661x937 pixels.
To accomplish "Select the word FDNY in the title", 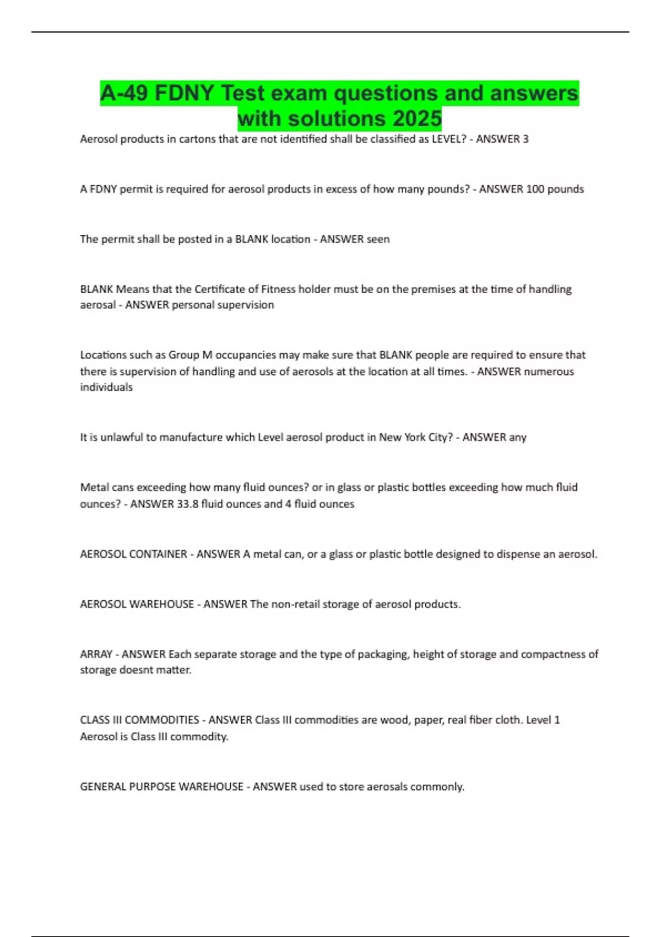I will tap(185, 93).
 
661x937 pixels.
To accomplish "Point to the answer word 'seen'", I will tap(378, 239).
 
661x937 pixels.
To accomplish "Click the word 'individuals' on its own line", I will tap(106, 387).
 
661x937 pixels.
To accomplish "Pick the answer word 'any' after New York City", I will tap(518, 437).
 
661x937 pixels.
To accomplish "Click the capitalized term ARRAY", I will tap(96, 654).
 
